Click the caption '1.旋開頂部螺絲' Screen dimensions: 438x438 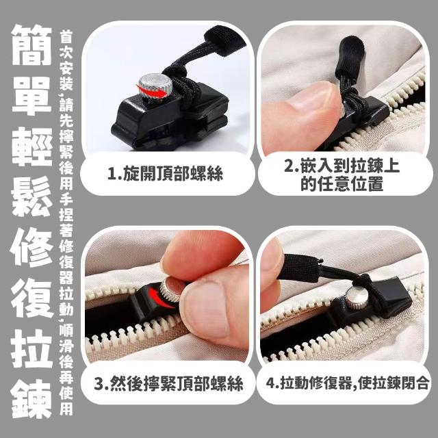[x=166, y=173]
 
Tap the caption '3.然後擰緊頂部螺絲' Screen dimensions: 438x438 [x=168, y=383]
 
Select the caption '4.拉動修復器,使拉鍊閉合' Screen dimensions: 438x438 [x=347, y=383]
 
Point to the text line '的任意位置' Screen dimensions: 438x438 [x=342, y=185]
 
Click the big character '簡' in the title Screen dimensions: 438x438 [x=31, y=44]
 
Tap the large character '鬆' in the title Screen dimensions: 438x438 [x=31, y=196]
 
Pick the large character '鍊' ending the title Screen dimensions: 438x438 [x=31, y=398]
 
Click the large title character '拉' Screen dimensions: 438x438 [x=31, y=348]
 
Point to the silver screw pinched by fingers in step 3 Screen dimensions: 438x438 [x=170, y=290]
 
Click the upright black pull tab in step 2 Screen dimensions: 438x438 [x=350, y=59]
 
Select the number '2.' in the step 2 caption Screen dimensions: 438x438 [x=291, y=166]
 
